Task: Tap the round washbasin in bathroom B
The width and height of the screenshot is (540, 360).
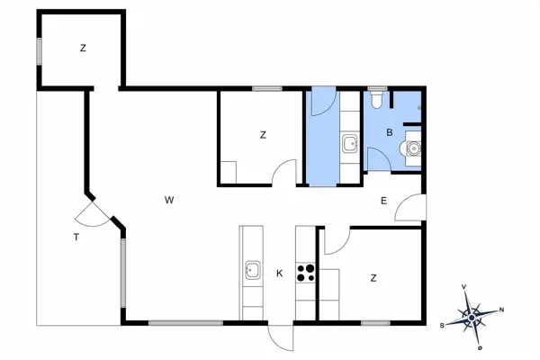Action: coord(412,148)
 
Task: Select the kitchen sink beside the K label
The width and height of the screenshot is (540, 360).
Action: coord(252,270)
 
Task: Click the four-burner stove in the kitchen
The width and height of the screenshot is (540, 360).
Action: coord(305,273)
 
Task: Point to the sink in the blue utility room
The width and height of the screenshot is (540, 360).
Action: coord(350,144)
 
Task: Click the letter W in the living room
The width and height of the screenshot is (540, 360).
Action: coord(169,200)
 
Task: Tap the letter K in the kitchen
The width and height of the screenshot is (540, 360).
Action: coord(279,274)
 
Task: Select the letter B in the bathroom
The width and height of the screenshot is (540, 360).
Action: coord(389,132)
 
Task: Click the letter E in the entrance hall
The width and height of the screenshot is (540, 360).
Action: coord(383,201)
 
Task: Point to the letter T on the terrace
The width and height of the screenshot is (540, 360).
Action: coord(76,237)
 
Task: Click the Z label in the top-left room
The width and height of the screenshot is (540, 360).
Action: coord(83,49)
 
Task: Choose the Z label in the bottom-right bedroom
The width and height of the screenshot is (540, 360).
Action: coord(373,278)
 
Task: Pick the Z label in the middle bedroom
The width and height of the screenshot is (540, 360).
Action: coord(263,135)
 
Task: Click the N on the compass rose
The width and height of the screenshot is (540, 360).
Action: coord(501,310)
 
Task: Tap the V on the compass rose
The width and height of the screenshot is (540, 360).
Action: coord(463,286)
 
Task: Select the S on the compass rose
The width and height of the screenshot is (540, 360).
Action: coord(442,326)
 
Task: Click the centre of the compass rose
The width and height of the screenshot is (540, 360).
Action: coord(472,317)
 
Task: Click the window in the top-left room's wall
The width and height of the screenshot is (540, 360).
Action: coord(40,51)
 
